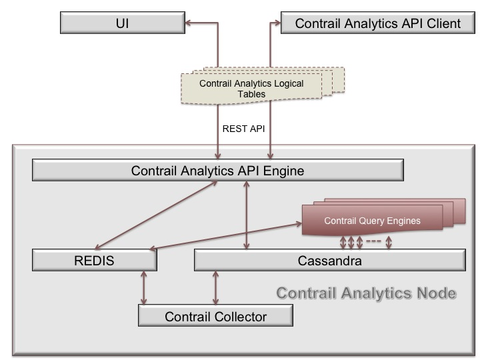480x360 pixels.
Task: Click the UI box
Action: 123,23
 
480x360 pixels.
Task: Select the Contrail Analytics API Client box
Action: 378,23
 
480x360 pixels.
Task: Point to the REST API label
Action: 244,129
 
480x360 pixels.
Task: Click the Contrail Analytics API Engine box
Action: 217,170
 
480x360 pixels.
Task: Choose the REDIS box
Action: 94,260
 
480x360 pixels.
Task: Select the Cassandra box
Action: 330,260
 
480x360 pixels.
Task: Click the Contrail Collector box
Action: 215,315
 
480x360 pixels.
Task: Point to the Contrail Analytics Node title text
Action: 367,293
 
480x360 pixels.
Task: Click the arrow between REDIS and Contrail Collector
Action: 143,288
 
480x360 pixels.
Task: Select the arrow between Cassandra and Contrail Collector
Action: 215,288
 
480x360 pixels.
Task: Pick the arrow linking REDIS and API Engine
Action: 156,215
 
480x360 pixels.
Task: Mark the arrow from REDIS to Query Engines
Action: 225,237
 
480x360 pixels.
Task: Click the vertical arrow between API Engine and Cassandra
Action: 247,215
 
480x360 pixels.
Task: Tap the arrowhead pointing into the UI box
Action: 188,23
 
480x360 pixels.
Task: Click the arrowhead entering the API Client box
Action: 277,23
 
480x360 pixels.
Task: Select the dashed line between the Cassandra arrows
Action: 373,241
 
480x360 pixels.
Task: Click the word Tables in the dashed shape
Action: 251,94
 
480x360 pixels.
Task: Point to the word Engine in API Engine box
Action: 283,171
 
